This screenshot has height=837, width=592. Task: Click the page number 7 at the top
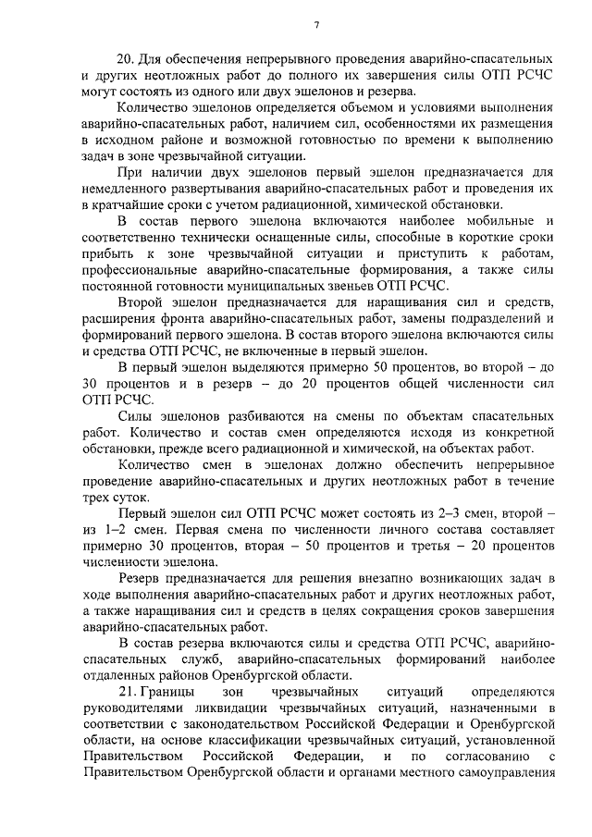point(316,25)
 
